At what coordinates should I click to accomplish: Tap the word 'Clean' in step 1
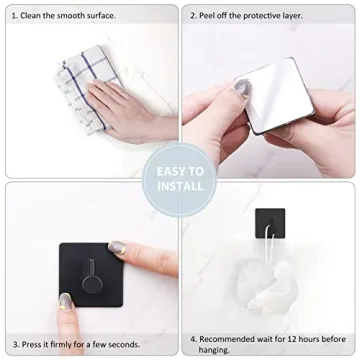[39, 16]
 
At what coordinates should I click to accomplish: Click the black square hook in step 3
[90, 275]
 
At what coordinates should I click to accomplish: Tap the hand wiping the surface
[130, 108]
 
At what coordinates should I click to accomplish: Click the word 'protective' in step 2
[286, 16]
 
